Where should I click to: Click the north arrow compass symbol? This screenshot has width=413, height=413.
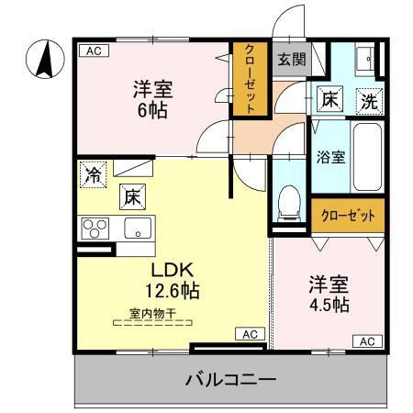(42, 61)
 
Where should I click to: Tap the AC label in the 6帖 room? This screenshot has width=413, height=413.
(92, 51)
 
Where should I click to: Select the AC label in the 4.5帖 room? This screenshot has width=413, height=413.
(365, 340)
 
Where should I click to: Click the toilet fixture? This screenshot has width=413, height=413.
(289, 199)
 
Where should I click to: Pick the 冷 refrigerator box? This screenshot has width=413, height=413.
(93, 173)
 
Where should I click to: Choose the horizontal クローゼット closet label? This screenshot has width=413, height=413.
(347, 217)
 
